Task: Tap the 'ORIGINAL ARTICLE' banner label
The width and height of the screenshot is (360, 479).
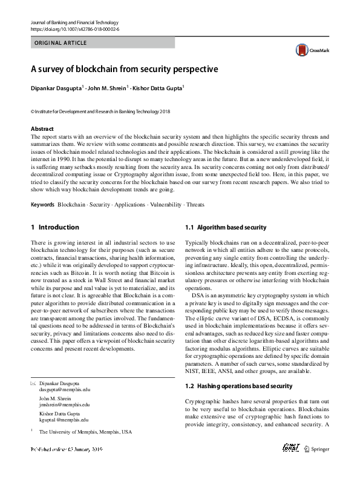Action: click(61, 43)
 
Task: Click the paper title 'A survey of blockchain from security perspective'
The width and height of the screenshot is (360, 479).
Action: click(124, 69)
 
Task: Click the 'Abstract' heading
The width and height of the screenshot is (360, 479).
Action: click(42, 129)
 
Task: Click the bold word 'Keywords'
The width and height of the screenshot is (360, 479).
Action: click(42, 205)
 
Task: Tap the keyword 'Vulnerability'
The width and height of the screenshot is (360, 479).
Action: click(165, 205)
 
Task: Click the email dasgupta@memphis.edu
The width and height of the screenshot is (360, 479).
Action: click(64, 391)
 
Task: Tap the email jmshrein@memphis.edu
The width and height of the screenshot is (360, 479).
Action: click(64, 405)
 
